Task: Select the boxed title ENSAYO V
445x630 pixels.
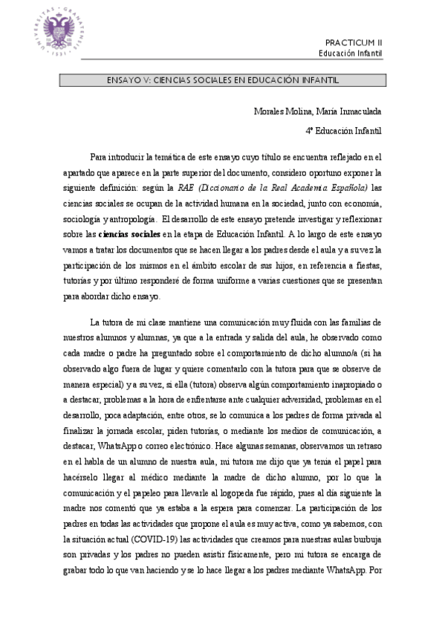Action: (221, 79)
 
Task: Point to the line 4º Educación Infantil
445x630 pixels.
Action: (343, 131)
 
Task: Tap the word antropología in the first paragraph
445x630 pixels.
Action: (132, 218)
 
